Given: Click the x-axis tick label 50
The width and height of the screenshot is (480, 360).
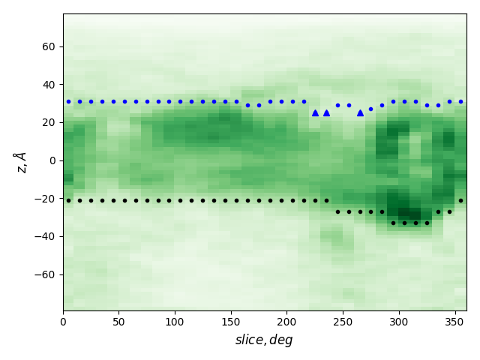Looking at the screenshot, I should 119,322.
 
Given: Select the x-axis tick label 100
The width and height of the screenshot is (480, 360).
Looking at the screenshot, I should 175,322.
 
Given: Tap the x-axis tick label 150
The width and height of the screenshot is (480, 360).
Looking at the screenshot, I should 231,322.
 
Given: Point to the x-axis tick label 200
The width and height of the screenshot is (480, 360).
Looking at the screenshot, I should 286,322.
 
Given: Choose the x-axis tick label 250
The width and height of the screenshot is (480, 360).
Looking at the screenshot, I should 343,322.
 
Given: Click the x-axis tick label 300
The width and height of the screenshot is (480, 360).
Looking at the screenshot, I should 399,322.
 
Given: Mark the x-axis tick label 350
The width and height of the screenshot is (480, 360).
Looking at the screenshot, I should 454,322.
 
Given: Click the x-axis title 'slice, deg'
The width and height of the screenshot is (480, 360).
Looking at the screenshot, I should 264,340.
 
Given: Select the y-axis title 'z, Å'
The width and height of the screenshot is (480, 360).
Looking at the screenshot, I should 20,162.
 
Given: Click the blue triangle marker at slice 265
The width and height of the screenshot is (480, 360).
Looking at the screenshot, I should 360,113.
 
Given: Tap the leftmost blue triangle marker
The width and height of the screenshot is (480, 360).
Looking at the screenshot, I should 315,113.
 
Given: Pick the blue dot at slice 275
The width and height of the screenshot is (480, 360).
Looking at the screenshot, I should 370,109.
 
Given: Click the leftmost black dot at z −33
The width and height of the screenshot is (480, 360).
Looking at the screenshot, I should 393,223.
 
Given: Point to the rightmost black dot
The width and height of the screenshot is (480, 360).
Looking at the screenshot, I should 460,200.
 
